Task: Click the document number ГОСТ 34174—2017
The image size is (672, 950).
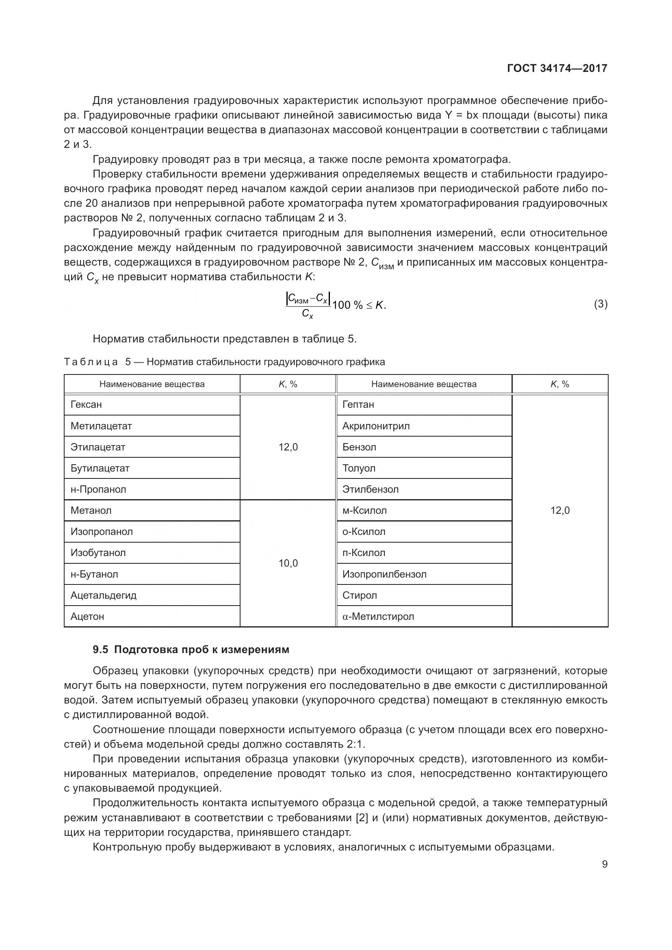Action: point(557,68)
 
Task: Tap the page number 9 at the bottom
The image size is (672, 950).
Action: point(605,864)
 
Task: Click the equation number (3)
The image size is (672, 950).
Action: point(600,304)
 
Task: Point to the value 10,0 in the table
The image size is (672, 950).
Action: point(288,563)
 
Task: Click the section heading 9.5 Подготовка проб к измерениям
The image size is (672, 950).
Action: point(191,649)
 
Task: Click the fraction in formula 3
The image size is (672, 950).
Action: point(308,305)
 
